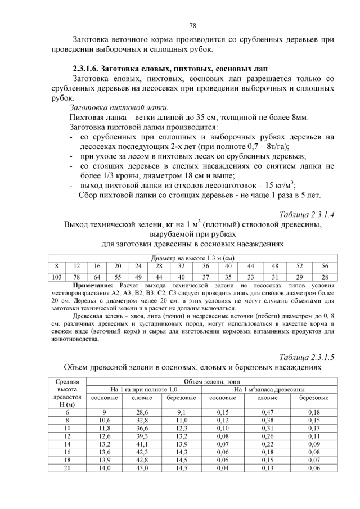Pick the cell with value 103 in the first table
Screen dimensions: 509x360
tap(56, 277)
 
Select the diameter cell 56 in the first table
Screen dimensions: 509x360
tap(325, 265)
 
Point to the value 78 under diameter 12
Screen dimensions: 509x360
tap(76, 277)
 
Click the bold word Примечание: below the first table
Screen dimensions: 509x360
tap(92, 286)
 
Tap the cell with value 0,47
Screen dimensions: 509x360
tap(267, 412)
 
